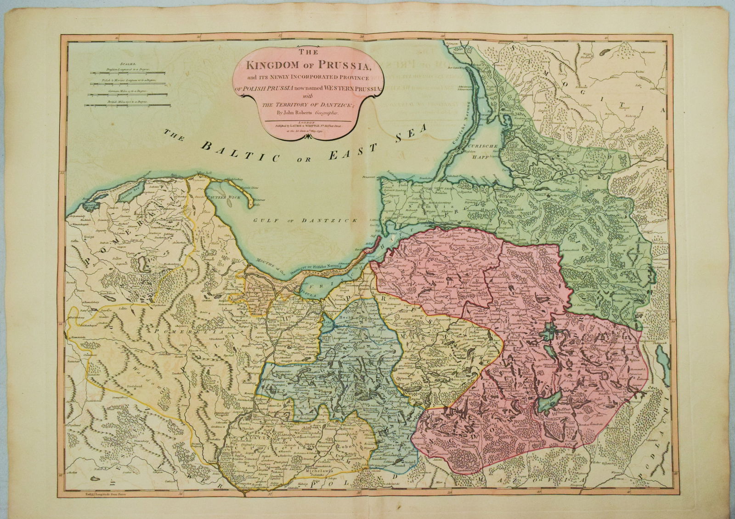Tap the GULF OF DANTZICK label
click(306, 221)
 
